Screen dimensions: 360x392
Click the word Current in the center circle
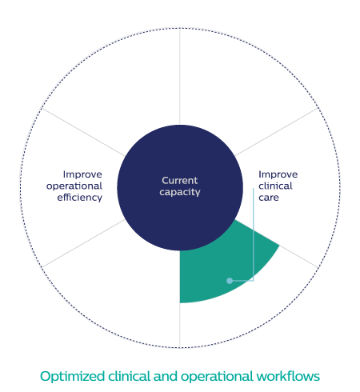coord(180,181)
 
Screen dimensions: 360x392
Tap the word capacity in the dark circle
coord(180,192)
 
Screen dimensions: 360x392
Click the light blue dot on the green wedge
coord(230,281)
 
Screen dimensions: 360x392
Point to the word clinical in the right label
coord(275,186)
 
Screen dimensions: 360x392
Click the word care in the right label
coord(269,198)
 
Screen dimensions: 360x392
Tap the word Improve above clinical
coord(278,174)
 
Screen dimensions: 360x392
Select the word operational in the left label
coord(74,186)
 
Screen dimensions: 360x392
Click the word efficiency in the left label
coord(80,198)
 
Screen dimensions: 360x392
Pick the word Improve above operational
coord(82,174)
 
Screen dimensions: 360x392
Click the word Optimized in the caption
coord(72,377)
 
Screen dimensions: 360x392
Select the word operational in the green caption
coord(217,377)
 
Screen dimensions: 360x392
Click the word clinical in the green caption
coord(130,376)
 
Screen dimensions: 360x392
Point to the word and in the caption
coord(166,376)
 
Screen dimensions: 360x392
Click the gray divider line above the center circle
coord(180,76)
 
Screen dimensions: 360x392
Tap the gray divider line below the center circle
coord(180,326)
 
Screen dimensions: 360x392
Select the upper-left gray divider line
coord(83,132)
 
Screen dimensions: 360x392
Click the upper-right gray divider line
coord(277,132)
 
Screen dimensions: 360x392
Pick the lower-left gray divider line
coord(83,243)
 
